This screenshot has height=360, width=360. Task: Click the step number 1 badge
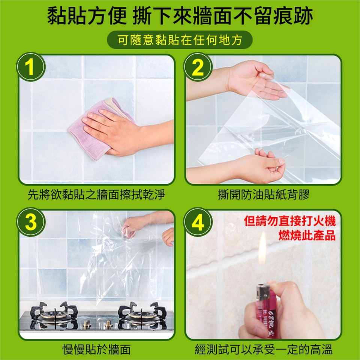pos(30,67)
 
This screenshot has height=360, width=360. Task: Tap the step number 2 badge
pos(198,67)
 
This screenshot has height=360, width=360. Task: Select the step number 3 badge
pos(30,222)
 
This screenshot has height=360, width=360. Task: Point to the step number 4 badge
pos(198,222)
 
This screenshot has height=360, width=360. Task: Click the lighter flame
pos(262,249)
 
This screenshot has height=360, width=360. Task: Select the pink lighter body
pos(266,315)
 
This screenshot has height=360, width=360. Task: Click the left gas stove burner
pos(54,315)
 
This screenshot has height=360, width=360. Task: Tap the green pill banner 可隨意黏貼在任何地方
pos(180,40)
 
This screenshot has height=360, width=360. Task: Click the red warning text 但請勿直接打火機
pos(290,221)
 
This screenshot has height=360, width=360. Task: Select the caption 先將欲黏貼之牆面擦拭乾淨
pos(96,195)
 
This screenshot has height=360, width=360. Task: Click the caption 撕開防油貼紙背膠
pos(264,195)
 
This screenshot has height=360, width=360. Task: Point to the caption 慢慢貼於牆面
pos(96,349)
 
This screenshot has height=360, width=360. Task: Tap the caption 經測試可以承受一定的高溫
pos(264,349)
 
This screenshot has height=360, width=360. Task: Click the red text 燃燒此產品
pos(307,235)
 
